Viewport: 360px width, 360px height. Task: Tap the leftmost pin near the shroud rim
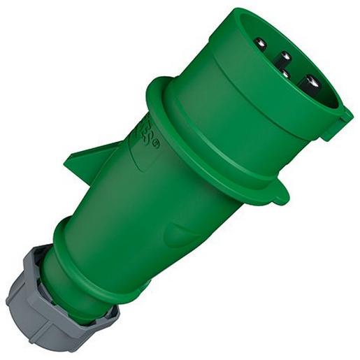[260, 44]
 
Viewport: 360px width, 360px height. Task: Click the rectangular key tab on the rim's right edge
[341, 122]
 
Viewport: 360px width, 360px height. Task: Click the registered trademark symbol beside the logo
[155, 144]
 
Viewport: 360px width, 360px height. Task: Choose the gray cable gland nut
[49, 301]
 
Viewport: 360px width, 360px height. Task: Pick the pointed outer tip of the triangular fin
[65, 164]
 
